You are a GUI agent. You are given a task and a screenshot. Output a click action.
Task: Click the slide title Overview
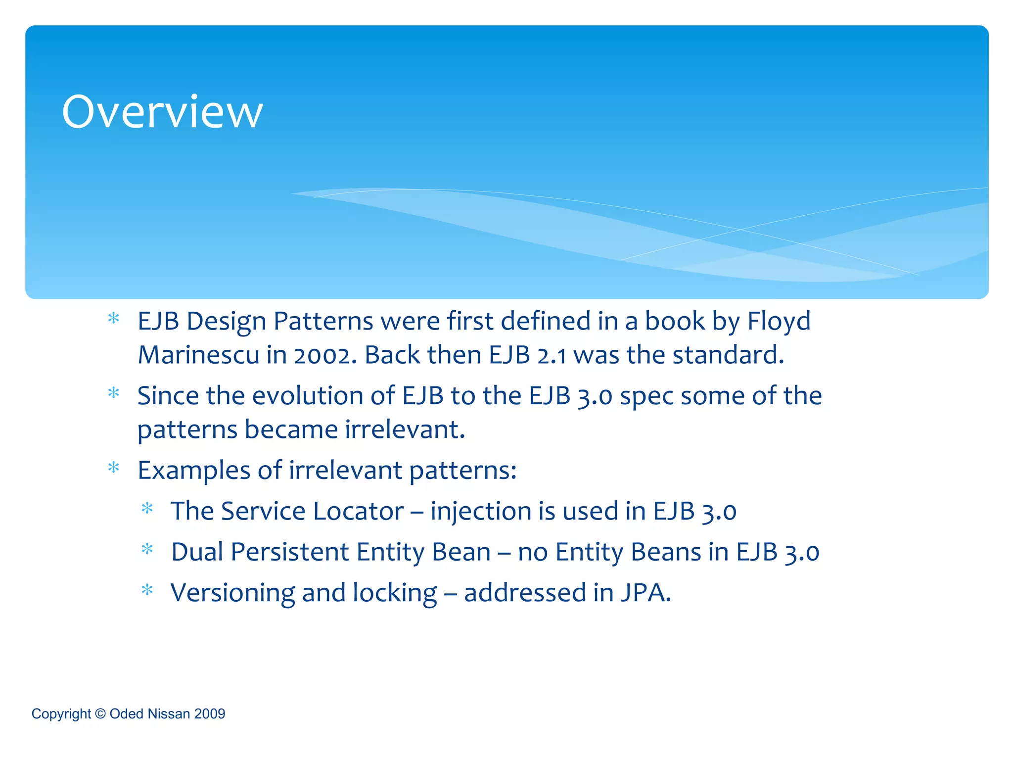click(x=162, y=112)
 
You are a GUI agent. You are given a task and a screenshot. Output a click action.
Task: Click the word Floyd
click(x=779, y=321)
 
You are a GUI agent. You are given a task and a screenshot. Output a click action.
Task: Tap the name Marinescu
click(x=198, y=355)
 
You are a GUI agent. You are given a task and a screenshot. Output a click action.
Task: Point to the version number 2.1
click(x=552, y=355)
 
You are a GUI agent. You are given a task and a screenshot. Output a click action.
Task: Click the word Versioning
click(x=232, y=593)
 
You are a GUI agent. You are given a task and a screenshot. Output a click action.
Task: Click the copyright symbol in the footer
click(x=100, y=713)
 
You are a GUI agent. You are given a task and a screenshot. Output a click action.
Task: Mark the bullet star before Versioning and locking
click(x=147, y=590)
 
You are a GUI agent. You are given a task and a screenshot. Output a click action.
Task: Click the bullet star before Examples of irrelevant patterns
click(x=114, y=467)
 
